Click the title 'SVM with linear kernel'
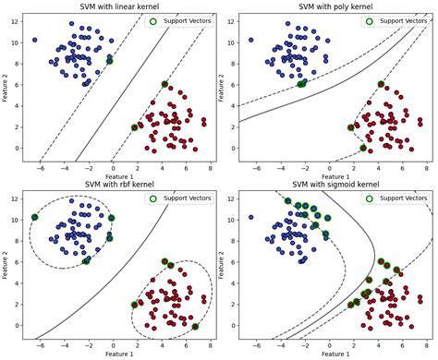click(119, 6)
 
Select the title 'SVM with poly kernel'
click(335, 6)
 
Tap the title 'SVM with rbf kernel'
click(119, 184)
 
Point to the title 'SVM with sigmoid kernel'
click(335, 184)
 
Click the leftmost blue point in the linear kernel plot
click(35, 40)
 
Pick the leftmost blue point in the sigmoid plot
click(251, 217)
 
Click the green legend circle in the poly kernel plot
click(369, 21)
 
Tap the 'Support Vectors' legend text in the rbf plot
click(187, 198)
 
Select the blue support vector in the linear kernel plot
click(110, 61)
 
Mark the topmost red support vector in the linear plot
click(164, 84)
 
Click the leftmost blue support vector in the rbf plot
click(35, 217)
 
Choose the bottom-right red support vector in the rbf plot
click(195, 327)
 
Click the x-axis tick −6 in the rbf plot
click(41, 346)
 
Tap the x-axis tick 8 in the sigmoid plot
click(427, 346)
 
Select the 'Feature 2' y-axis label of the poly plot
click(221, 88)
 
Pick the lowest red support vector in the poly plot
click(363, 148)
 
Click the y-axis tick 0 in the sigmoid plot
click(233, 325)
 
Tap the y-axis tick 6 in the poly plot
click(233, 85)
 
